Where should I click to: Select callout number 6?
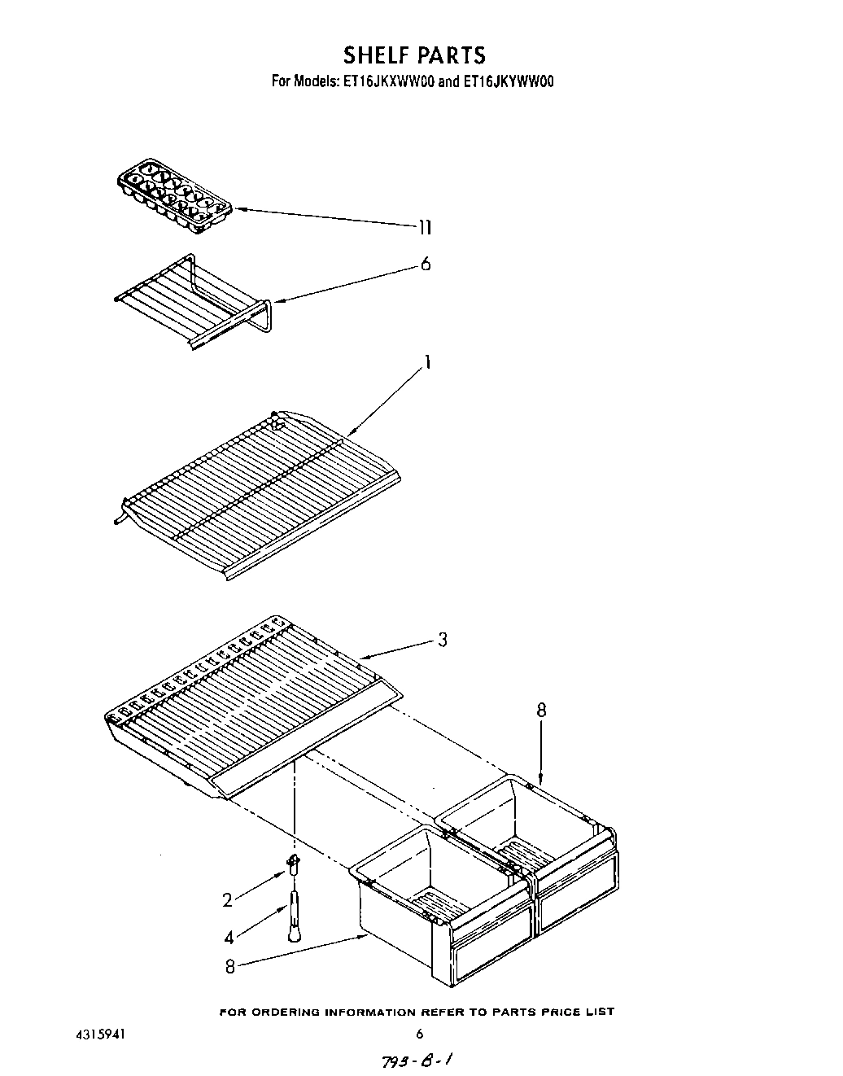coord(425,265)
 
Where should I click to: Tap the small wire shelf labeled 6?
coord(195,302)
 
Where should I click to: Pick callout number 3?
coord(442,640)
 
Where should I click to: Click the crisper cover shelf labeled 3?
coord(252,700)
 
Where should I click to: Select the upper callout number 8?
coord(541,711)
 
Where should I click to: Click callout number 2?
coord(228,899)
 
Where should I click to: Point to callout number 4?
coord(229,937)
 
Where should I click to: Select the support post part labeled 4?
coord(294,916)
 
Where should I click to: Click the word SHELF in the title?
coord(378,55)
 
